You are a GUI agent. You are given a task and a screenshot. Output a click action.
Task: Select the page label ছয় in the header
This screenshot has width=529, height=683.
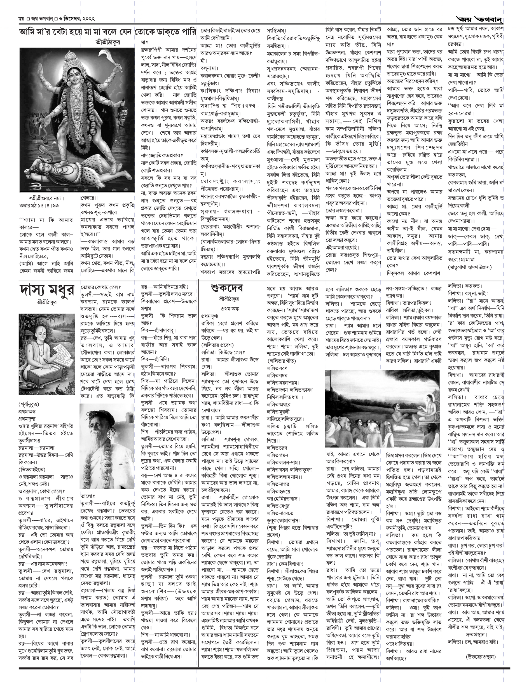coord(21,19)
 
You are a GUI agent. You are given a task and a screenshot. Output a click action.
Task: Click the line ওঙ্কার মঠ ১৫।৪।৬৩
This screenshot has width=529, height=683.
coord(39,205)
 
